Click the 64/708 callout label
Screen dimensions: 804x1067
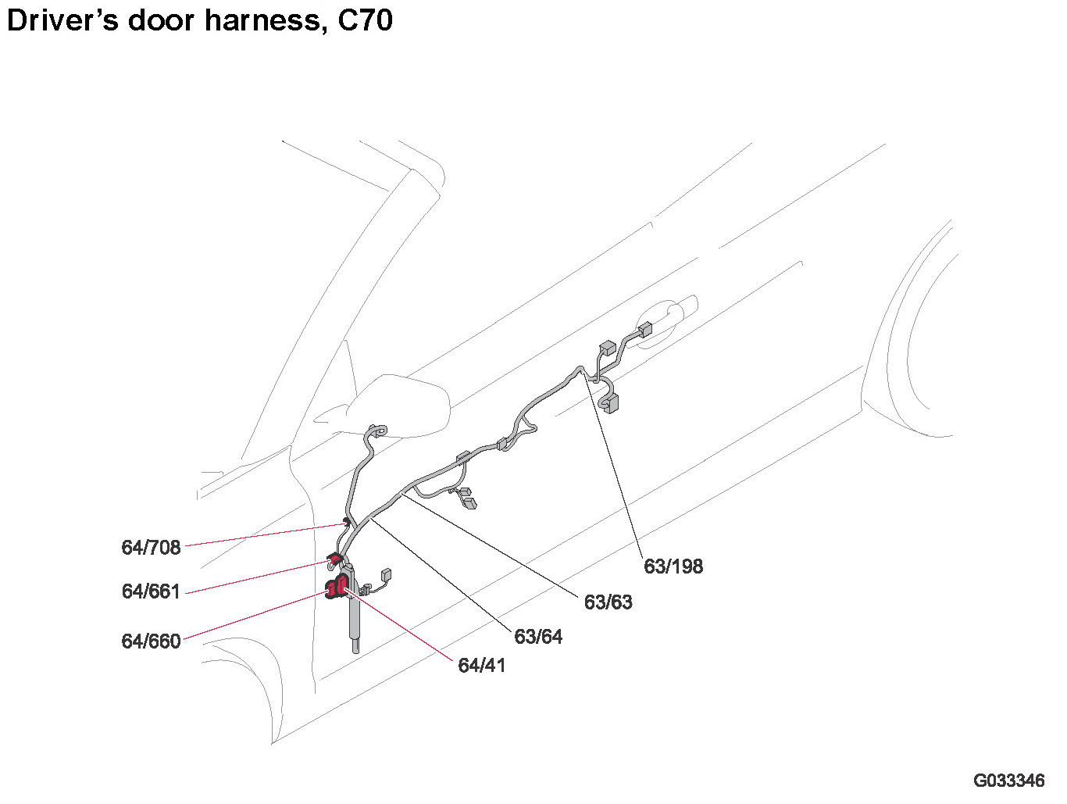pos(151,548)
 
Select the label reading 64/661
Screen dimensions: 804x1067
pos(151,591)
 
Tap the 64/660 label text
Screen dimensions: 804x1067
pos(151,641)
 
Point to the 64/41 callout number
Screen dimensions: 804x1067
pos(481,666)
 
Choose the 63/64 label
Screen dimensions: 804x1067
pos(538,637)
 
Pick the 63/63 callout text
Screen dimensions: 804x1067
pos(608,602)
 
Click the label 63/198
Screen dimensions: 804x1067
pos(673,566)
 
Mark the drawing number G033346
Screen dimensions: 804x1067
pos(1008,781)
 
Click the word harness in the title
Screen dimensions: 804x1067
pos(262,20)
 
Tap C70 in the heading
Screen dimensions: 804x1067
pos(365,20)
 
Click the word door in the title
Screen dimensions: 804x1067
pos(161,20)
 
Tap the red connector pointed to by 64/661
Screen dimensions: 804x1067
pos(333,559)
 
